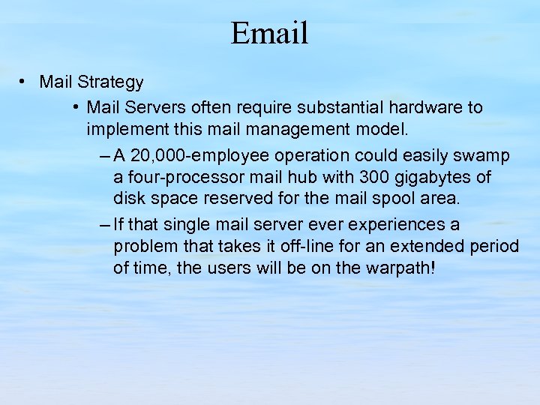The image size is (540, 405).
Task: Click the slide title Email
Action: [270, 34]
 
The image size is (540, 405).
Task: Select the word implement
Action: [121, 129]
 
